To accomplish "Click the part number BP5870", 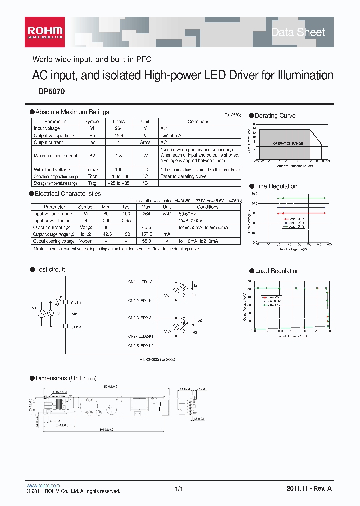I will (x=51, y=92).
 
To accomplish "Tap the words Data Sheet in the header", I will (x=298, y=32).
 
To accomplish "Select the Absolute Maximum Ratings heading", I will (x=72, y=112).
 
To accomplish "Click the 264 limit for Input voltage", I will (x=118, y=128).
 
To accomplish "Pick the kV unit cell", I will (x=145, y=156).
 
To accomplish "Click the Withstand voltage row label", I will (x=52, y=170).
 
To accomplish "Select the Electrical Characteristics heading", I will (x=68, y=194).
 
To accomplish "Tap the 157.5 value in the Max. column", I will (x=146, y=234).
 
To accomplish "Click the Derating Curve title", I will (x=275, y=116).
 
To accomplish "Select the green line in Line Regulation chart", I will (x=302, y=198).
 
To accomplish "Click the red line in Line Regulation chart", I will (x=302, y=213).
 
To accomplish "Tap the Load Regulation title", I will (x=277, y=271).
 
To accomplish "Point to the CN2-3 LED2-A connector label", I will (x=142, y=317).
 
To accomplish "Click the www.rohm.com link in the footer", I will (x=43, y=485).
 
